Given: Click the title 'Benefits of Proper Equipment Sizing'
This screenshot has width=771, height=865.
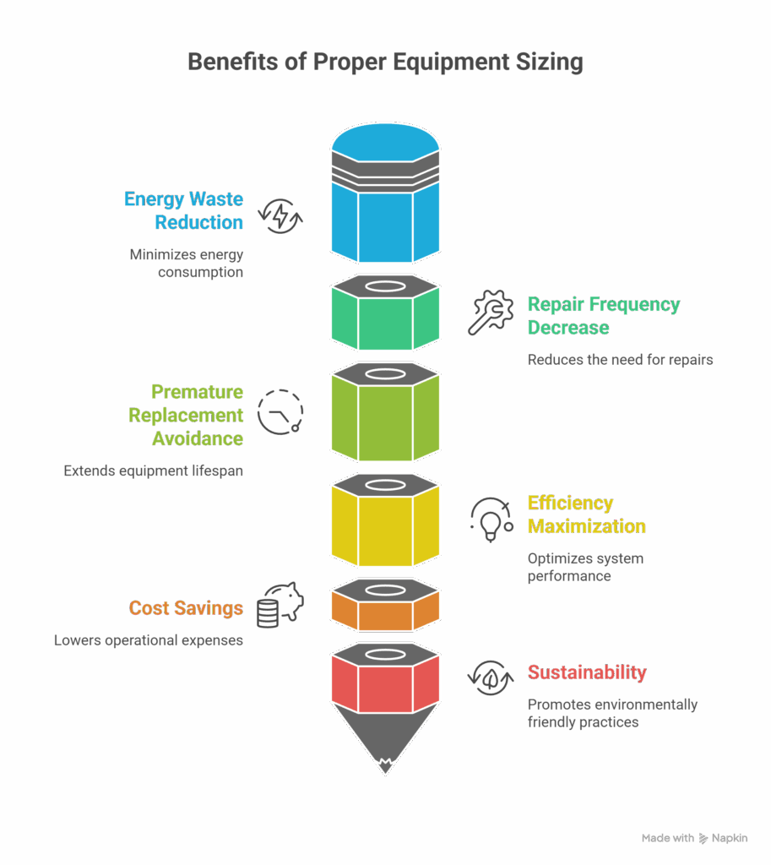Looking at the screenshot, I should click(x=385, y=63).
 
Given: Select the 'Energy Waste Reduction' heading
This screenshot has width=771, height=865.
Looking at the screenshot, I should click(x=183, y=210).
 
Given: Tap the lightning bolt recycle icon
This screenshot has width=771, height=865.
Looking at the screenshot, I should click(x=280, y=216).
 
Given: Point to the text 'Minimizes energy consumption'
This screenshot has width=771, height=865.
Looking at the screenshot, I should click(x=186, y=263).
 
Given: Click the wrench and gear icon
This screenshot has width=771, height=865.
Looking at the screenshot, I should click(x=491, y=313).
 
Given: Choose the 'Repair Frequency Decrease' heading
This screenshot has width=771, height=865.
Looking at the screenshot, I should click(x=603, y=315).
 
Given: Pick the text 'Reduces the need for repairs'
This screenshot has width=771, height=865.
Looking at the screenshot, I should click(x=620, y=360).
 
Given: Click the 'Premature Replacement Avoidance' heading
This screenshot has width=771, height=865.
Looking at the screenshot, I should click(x=186, y=416).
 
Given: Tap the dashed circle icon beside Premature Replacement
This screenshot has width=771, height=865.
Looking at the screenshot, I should click(x=280, y=412).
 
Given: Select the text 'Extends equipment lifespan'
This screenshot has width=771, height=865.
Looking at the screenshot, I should click(x=154, y=471).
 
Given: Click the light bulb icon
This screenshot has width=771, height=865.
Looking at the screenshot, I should click(x=491, y=518).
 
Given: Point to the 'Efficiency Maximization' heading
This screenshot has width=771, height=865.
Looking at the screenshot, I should click(x=586, y=514).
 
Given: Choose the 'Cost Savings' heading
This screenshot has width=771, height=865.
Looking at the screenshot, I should click(x=186, y=608).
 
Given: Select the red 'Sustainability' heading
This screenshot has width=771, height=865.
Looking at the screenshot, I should click(x=586, y=673).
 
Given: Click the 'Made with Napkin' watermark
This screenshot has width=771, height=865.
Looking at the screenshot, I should click(x=694, y=838).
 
